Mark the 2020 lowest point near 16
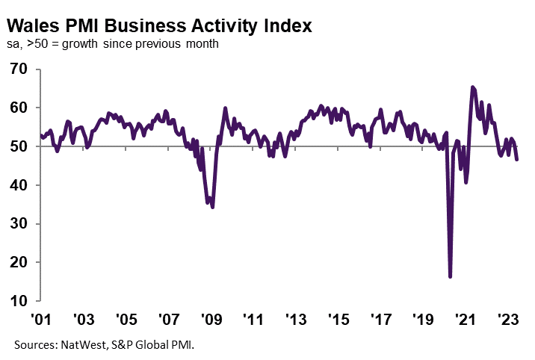(450, 276)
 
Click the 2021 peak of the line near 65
(472, 87)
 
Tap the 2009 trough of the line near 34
(213, 207)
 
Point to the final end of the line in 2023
(518, 159)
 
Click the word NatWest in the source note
(80, 344)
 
